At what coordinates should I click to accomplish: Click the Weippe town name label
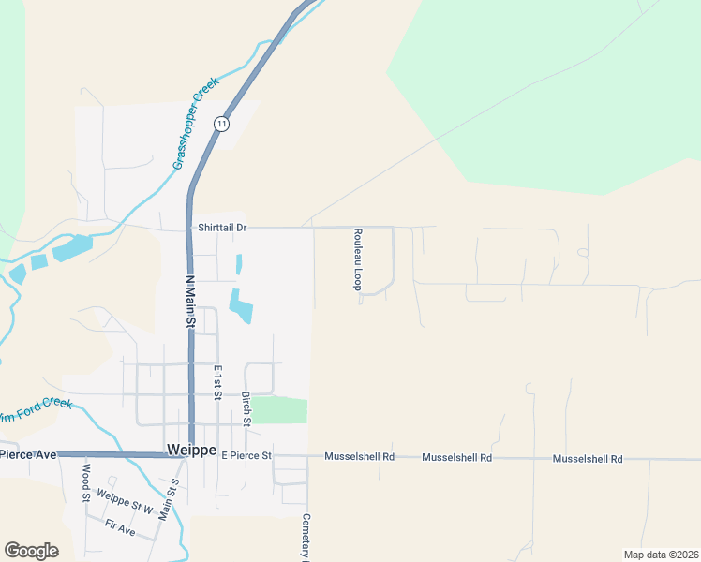(x=191, y=450)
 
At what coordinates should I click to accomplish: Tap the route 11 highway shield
(x=221, y=124)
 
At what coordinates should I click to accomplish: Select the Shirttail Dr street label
(x=221, y=228)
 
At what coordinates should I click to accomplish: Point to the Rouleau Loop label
(x=357, y=259)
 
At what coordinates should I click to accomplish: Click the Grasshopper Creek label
(x=195, y=123)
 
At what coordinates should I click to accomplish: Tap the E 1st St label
(x=216, y=382)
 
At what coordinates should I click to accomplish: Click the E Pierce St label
(x=246, y=455)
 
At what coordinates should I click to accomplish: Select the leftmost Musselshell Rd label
(x=360, y=457)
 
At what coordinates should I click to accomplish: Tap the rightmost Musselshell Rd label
(x=588, y=459)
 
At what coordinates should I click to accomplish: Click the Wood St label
(x=85, y=483)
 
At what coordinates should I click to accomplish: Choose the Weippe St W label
(x=125, y=499)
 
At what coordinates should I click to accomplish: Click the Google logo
(x=31, y=551)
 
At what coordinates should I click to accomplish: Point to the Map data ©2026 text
(x=661, y=555)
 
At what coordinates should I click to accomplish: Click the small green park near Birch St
(x=278, y=409)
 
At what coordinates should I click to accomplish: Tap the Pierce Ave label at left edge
(x=28, y=454)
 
